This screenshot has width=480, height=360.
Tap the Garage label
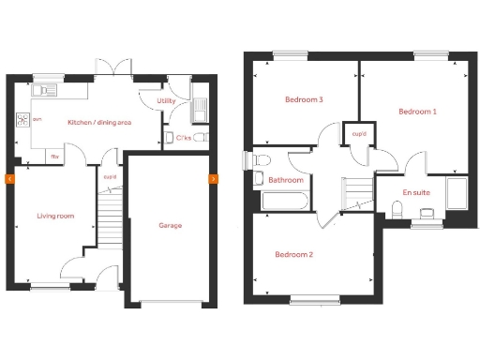pyautogui.click(x=170, y=225)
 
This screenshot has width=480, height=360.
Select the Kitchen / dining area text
pyautogui.click(x=98, y=123)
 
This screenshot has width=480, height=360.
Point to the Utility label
pyautogui.click(x=167, y=100)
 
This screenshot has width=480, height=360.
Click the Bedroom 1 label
pyautogui.click(x=417, y=112)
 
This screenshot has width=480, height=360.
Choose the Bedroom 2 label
pyautogui.click(x=293, y=254)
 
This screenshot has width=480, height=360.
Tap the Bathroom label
pyautogui.click(x=285, y=179)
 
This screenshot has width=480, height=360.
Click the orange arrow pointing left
pyautogui.click(x=9, y=177)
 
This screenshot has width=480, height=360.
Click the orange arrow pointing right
pyautogui.click(x=213, y=177)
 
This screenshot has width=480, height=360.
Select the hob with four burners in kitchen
pyautogui.click(x=22, y=120)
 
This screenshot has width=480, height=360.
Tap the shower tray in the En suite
pyautogui.click(x=457, y=193)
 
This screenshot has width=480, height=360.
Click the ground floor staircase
pyautogui.click(x=111, y=216)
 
